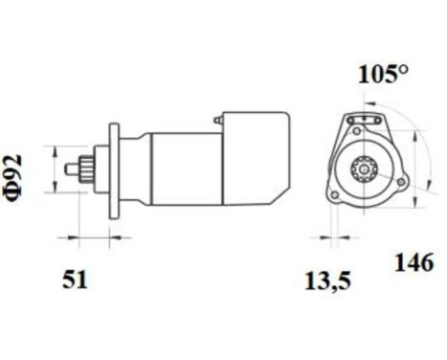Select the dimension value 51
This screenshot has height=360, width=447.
click(75, 280)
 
